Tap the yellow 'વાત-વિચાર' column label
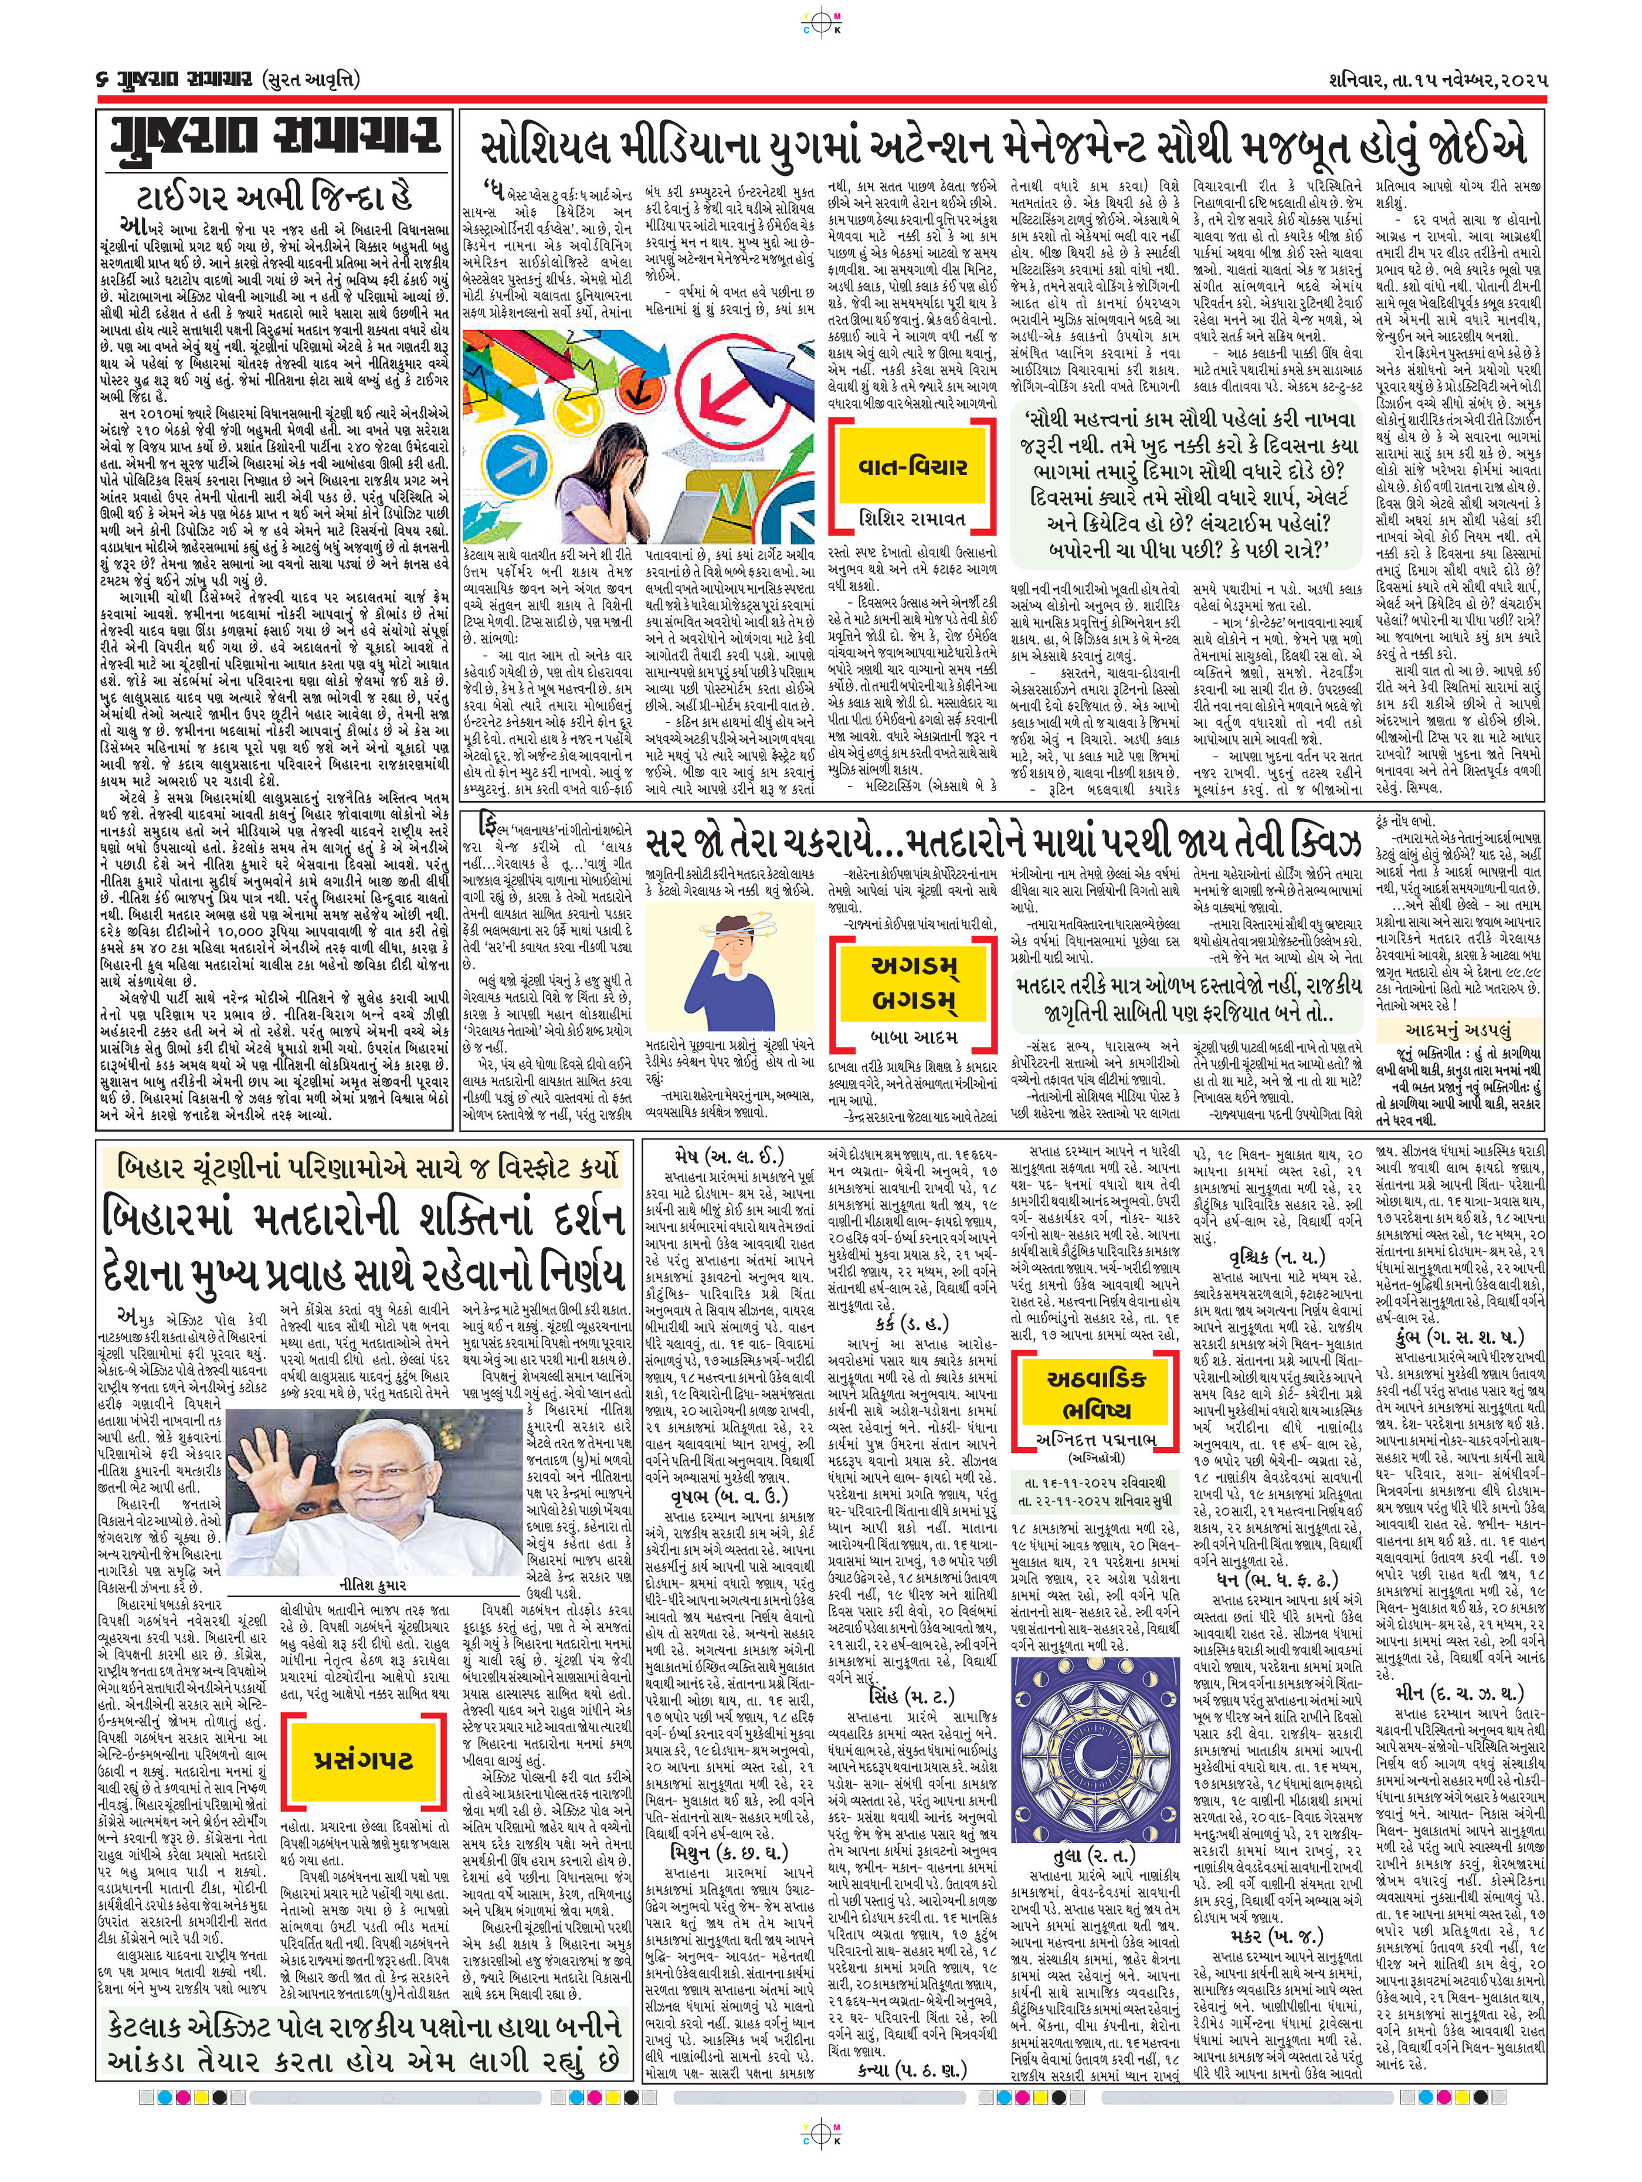coord(910,467)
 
